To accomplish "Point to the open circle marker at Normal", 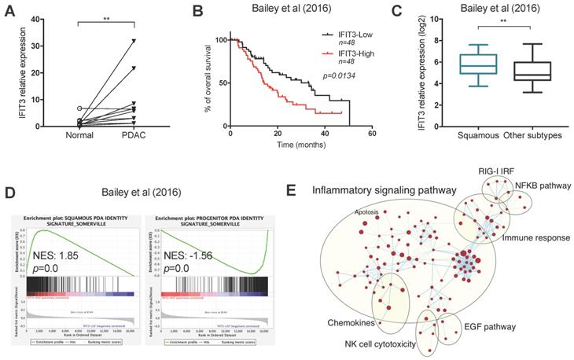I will tap(79, 108).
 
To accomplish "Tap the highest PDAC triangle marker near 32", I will tap(134, 40).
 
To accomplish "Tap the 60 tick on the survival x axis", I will tap(370, 133).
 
